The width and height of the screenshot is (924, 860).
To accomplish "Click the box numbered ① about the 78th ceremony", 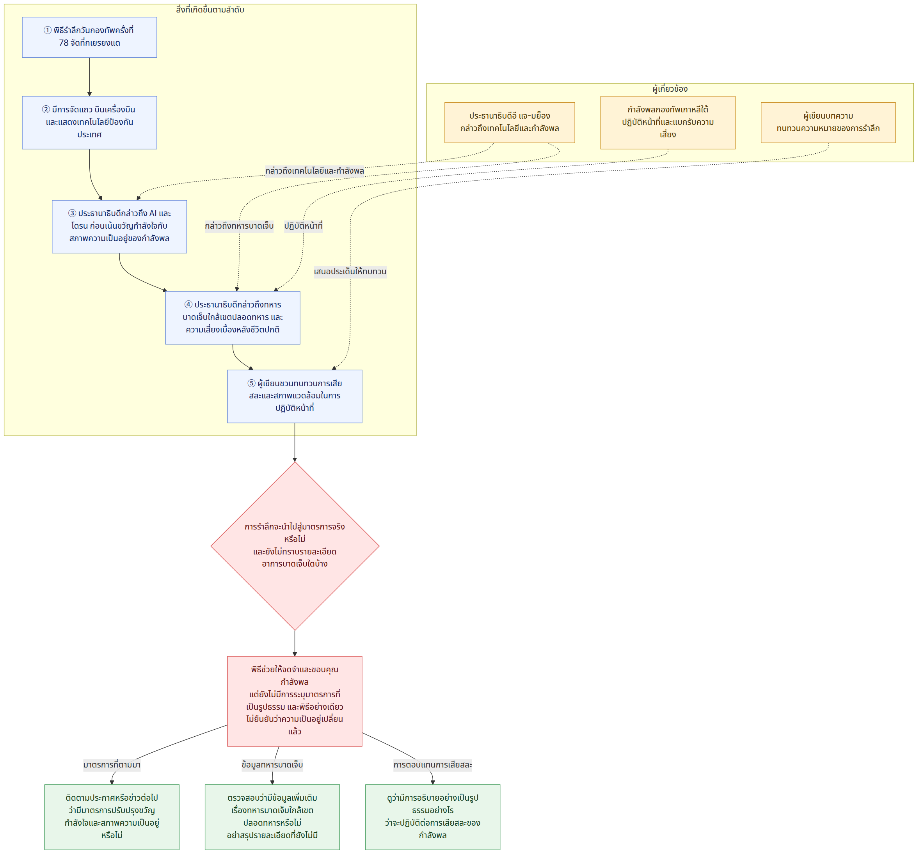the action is point(89,37).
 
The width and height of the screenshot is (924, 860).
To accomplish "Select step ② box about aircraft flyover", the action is point(89,122).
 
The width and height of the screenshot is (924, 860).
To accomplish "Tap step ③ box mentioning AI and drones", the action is point(119,226).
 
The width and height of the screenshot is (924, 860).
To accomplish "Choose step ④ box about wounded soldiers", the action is point(233,318).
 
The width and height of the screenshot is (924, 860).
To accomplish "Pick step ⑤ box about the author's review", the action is point(295,396).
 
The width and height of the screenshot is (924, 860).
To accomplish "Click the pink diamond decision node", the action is point(295,546).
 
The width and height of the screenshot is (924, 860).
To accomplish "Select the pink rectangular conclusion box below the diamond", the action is point(295,701).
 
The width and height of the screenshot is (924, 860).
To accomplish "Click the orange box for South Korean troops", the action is point(668,122).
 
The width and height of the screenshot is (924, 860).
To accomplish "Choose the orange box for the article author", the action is point(828,122).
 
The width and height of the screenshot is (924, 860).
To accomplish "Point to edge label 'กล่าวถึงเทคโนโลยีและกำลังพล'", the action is point(315,171).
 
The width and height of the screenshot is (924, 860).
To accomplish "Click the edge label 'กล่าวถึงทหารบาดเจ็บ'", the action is point(239,226).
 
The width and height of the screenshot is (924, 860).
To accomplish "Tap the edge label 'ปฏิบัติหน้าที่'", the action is point(304,226).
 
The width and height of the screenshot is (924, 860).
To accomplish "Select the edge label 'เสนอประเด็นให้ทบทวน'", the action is point(350,272).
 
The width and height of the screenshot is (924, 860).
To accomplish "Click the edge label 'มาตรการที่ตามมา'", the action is point(112,765).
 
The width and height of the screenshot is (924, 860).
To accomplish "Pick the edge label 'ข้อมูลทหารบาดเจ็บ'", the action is point(272,765).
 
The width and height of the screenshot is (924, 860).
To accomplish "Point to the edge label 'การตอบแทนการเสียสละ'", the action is point(433,765).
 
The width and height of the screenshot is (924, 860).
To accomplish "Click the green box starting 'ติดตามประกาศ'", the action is point(112,817).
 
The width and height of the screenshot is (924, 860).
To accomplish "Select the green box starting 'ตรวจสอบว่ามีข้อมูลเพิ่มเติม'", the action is point(272,817).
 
